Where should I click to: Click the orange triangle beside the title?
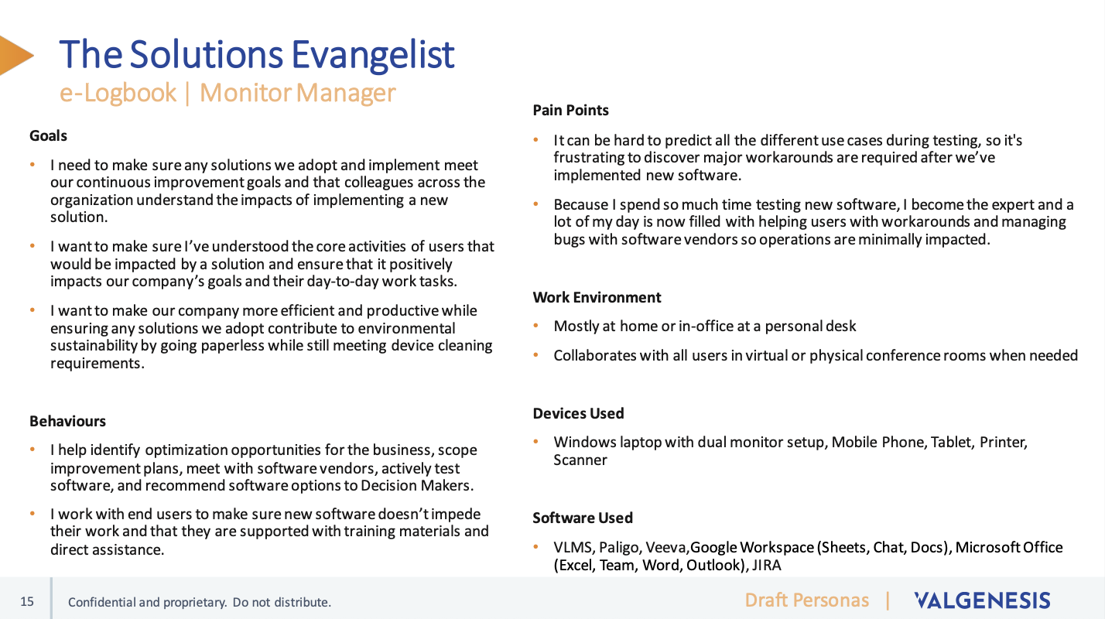pos(15,55)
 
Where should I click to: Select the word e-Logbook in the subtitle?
pos(118,93)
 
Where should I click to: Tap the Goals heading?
pos(48,135)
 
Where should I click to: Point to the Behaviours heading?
pos(67,421)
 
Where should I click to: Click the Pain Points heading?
pos(571,110)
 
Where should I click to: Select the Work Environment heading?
pos(597,297)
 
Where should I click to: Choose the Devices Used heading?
pos(578,413)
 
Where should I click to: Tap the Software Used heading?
pos(583,518)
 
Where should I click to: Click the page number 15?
pos(27,602)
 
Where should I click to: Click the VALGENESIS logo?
pos(982,600)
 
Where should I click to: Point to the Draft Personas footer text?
pos(807,600)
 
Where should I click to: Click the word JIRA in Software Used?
pos(767,566)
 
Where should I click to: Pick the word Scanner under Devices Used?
pos(580,460)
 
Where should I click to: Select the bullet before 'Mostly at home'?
pos(536,326)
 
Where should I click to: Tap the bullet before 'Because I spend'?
pos(536,203)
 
